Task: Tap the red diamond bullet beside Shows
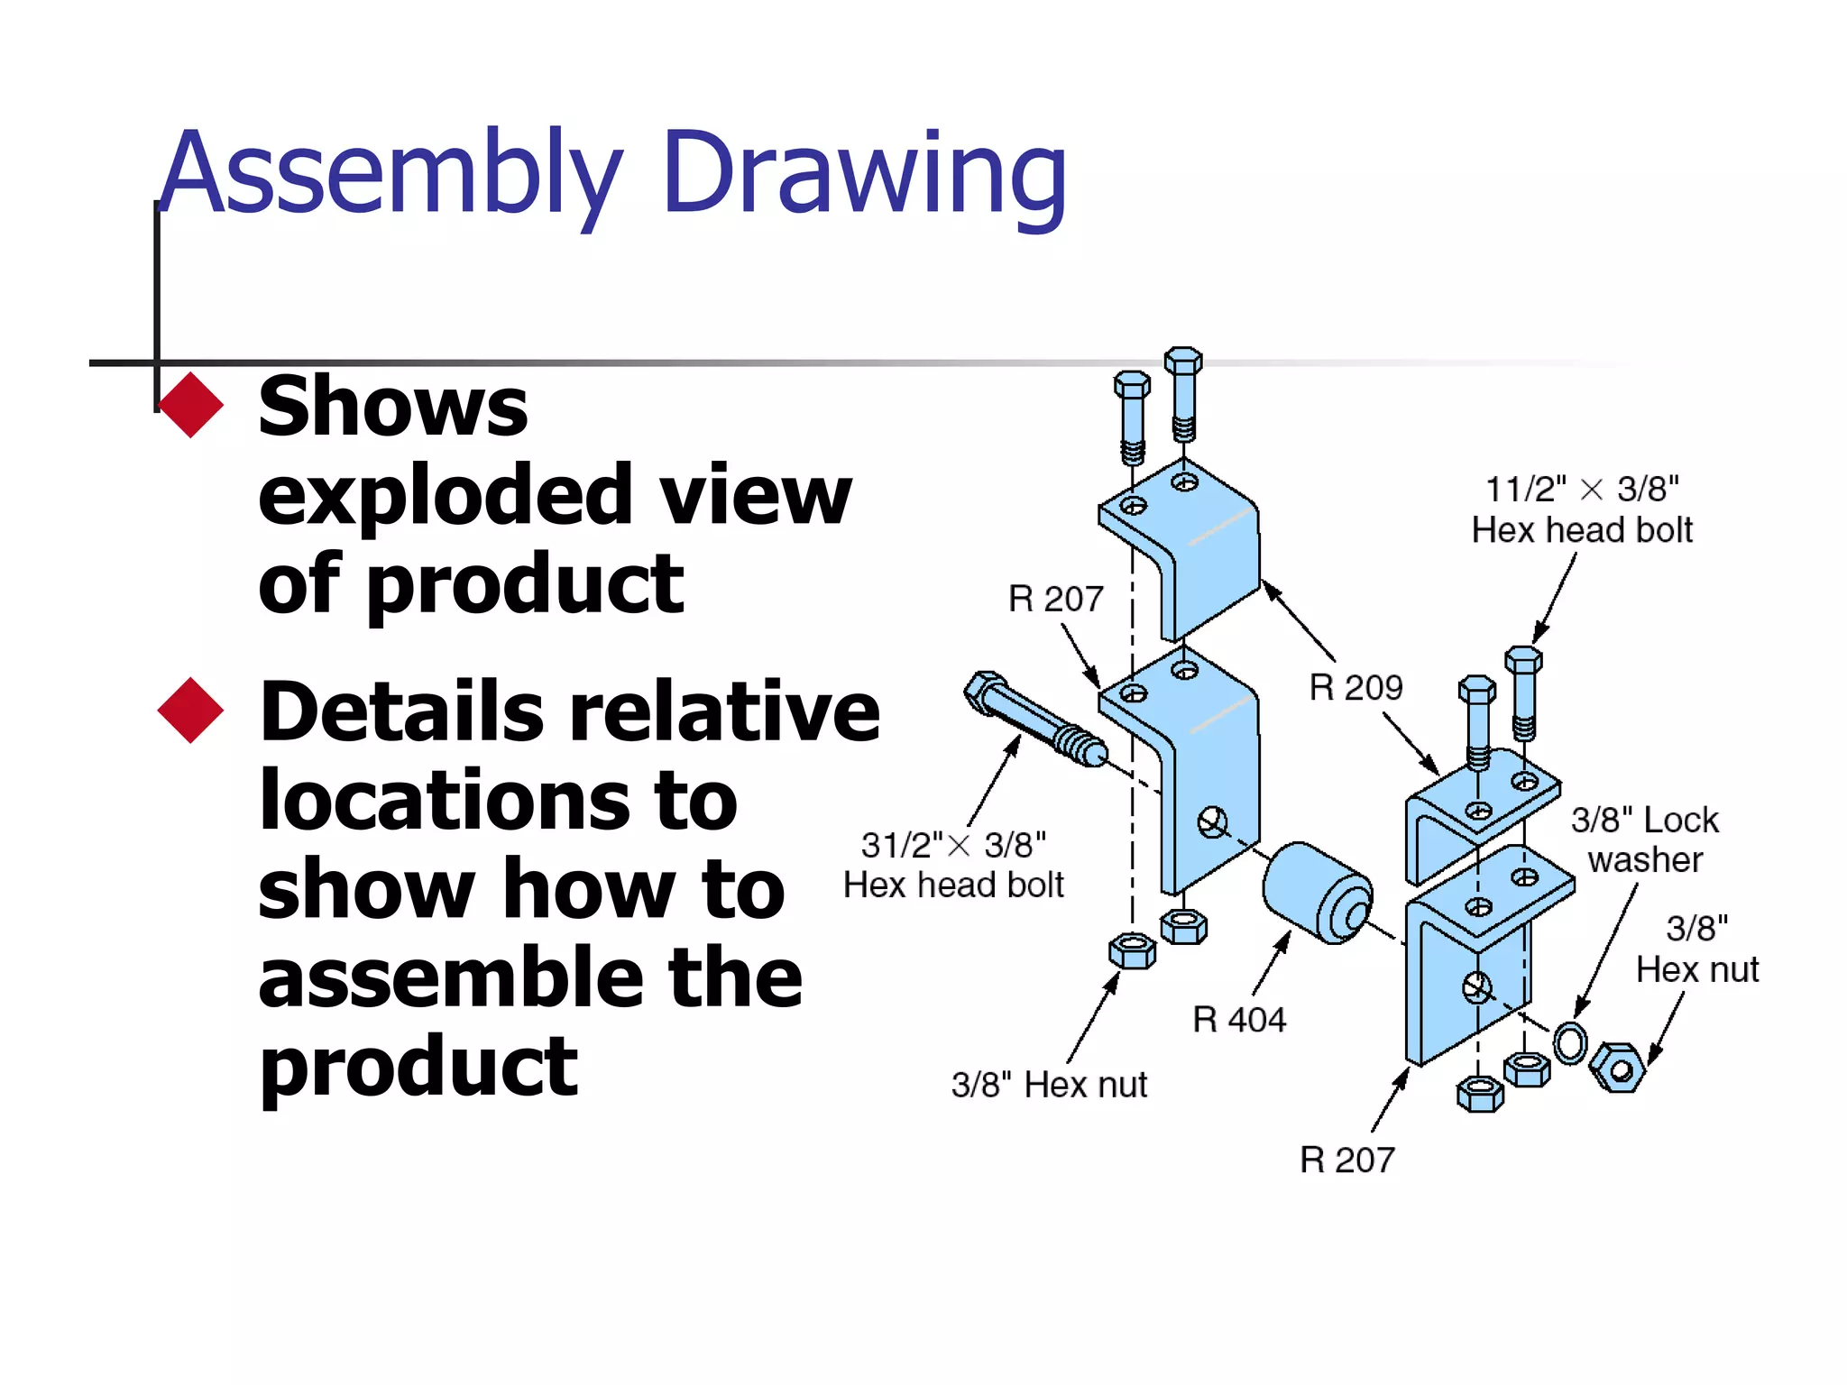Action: pyautogui.click(x=190, y=405)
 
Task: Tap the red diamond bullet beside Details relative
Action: pyautogui.click(x=190, y=711)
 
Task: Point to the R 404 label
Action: pyautogui.click(x=1238, y=1020)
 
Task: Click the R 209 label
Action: pyautogui.click(x=1355, y=688)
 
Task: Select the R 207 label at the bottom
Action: pyautogui.click(x=1346, y=1160)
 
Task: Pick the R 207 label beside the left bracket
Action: pyautogui.click(x=1055, y=599)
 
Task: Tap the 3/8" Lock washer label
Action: pyautogui.click(x=1644, y=839)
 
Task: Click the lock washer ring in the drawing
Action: pyautogui.click(x=1570, y=1043)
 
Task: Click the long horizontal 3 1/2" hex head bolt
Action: pyautogui.click(x=1033, y=719)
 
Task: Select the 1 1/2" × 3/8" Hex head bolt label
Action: pyautogui.click(x=1582, y=509)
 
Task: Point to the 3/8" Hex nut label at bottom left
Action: pyautogui.click(x=1049, y=1085)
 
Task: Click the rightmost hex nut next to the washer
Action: pyautogui.click(x=1618, y=1068)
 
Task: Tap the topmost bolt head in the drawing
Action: pyautogui.click(x=1182, y=360)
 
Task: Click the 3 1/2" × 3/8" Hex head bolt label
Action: pyautogui.click(x=953, y=865)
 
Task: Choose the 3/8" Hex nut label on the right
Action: pyautogui.click(x=1696, y=949)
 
